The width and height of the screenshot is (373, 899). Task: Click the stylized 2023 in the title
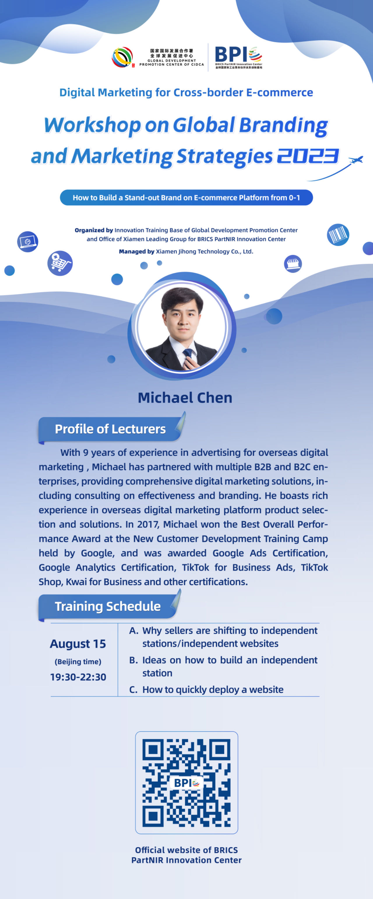(x=308, y=156)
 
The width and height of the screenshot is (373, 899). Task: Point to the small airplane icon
(x=356, y=160)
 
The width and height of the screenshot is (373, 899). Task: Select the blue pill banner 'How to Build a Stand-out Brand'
(x=186, y=197)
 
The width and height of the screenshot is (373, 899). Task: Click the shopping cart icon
(x=60, y=263)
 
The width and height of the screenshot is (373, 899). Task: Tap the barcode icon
(x=338, y=235)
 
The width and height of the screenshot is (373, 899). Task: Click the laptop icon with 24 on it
(x=28, y=242)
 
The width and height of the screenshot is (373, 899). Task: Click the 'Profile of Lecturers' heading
(x=110, y=429)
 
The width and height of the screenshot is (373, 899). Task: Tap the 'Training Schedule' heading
(x=108, y=606)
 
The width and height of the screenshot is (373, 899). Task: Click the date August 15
(x=78, y=644)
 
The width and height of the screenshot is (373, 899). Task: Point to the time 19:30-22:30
(x=78, y=677)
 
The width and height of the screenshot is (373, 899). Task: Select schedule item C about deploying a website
(x=206, y=690)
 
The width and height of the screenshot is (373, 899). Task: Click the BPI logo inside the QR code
(x=186, y=783)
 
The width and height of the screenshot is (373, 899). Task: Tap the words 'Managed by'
(x=137, y=251)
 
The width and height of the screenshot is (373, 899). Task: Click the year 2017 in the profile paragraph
(x=148, y=524)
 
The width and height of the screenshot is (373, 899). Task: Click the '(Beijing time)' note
(x=78, y=662)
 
